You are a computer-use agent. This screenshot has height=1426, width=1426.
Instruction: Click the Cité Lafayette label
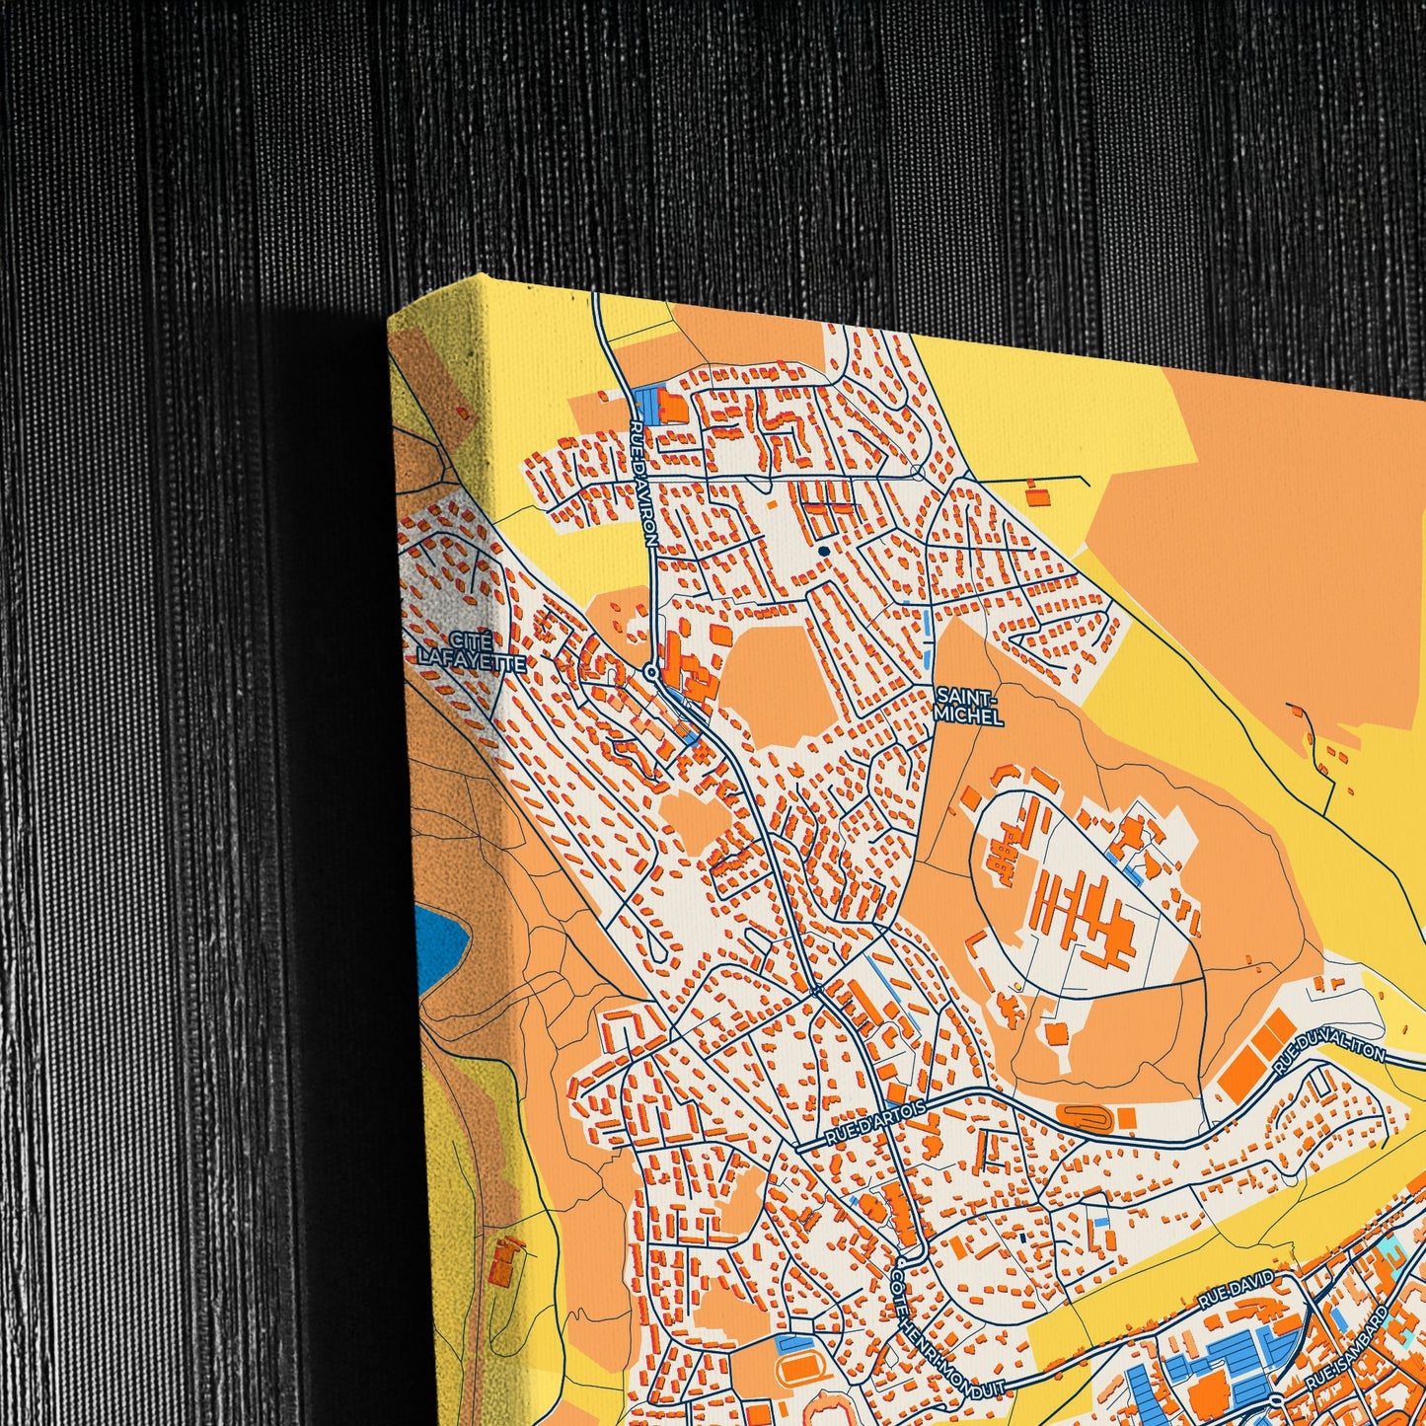(470, 648)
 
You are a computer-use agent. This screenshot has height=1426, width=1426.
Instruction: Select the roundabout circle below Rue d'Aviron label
(650, 671)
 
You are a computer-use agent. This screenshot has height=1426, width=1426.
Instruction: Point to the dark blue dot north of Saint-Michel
(823, 551)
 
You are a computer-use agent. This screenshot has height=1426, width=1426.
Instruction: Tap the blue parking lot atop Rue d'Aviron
(645, 401)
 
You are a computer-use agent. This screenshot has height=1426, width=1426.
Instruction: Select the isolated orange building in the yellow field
(1034, 493)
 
